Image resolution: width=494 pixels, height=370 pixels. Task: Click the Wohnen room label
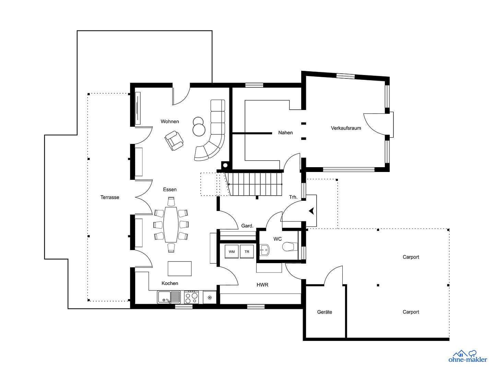coord(170,122)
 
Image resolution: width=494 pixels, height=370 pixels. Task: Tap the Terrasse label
coord(110,197)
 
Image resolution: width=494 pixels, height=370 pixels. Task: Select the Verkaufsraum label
coord(346,128)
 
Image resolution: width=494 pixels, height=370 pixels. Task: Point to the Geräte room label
coord(325,312)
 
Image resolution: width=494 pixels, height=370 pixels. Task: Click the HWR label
coord(262,285)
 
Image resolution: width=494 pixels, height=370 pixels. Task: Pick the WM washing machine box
coord(232,251)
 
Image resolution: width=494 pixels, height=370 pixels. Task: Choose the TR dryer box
coord(247,251)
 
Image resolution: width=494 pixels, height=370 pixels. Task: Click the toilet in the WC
coord(289,247)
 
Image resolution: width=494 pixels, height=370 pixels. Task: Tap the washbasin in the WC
coord(264,250)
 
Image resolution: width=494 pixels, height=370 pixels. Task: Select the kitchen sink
coord(169,297)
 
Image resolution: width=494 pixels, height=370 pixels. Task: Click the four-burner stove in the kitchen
coord(191,297)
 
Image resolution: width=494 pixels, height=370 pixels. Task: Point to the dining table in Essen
coord(170,224)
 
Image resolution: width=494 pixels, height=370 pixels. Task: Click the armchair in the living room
coord(174,140)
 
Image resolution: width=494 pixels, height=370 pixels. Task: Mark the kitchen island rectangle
coord(180,269)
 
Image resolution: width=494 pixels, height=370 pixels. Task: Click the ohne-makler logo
coord(468,356)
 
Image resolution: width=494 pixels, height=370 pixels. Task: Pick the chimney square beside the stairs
coord(225,165)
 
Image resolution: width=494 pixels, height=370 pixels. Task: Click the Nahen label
coord(285,133)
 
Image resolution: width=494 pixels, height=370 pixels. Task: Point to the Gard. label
coord(247,226)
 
